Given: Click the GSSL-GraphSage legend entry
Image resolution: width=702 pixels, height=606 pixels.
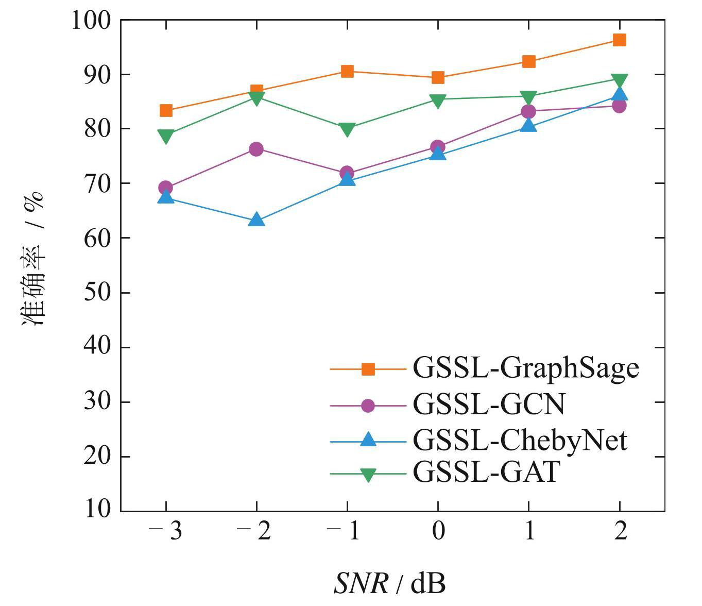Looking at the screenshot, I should click(525, 368).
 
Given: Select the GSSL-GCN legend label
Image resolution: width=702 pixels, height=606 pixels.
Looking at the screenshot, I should click(488, 405).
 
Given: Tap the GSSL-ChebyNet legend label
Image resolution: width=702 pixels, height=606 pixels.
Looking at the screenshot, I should click(520, 440).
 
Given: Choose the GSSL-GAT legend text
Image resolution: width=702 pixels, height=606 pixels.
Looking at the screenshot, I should click(486, 472).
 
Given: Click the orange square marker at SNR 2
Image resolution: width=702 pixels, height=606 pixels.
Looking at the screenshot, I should click(620, 40).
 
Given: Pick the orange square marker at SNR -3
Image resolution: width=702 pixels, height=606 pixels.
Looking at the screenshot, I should click(166, 110).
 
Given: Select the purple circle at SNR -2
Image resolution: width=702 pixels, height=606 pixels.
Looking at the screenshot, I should click(256, 149).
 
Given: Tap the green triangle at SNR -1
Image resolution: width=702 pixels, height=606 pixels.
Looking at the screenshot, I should click(347, 129).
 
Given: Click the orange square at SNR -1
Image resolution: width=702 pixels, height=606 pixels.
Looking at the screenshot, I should click(347, 71).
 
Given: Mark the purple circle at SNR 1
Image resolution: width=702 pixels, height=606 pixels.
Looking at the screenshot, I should click(528, 111).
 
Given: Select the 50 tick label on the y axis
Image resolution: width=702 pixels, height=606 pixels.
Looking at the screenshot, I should click(97, 293).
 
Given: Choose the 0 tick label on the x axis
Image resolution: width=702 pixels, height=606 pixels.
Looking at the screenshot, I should click(438, 531).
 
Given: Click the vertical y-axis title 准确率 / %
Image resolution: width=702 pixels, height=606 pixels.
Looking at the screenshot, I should click(33, 258).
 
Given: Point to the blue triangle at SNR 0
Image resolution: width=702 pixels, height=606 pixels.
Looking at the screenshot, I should click(438, 153).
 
